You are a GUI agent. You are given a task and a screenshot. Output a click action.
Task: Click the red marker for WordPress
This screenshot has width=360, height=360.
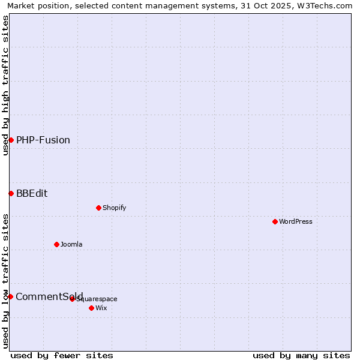[275, 221]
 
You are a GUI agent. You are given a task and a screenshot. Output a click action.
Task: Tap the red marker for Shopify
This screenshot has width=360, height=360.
[98, 208]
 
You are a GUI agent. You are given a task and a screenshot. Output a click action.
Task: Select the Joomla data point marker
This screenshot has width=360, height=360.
[56, 244]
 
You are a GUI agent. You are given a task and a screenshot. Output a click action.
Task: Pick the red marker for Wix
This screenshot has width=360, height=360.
[91, 308]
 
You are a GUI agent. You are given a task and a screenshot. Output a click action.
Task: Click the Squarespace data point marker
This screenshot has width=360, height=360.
[72, 299]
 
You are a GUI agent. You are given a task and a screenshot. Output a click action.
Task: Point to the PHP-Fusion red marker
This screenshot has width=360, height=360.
[11, 140]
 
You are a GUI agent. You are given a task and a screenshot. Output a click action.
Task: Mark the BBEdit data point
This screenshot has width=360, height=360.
[11, 193]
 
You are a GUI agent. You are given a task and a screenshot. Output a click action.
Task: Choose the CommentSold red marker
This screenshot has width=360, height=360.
[10, 296]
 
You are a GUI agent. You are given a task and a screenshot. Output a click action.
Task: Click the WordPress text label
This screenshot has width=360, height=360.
[296, 221]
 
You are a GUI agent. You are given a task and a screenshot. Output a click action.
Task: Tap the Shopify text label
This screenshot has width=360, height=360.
[115, 208]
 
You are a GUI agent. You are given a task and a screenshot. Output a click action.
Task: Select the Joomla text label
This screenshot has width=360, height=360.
[71, 244]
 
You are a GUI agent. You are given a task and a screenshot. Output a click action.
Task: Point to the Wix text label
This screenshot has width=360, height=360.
[101, 308]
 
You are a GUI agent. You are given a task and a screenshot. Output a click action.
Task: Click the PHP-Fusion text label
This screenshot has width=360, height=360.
[43, 140]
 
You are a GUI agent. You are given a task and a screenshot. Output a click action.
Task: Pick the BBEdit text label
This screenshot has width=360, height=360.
[32, 193]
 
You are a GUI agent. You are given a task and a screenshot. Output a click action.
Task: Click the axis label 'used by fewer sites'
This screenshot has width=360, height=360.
[62, 355]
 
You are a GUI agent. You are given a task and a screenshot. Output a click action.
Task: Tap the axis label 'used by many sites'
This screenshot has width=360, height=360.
[301, 355]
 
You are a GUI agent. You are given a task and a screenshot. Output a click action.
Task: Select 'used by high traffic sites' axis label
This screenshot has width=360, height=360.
[5, 85]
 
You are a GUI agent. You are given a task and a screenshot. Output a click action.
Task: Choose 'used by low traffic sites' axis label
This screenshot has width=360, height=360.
[5, 281]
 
